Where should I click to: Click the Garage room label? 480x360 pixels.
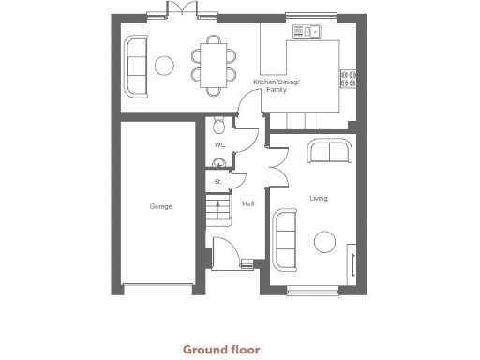(x=160, y=206)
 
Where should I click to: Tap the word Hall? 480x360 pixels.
(x=247, y=203)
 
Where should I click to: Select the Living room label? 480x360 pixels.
(x=319, y=198)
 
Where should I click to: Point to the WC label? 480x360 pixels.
(x=219, y=145)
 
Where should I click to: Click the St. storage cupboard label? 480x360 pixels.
(x=217, y=181)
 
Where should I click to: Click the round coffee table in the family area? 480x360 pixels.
(x=164, y=65)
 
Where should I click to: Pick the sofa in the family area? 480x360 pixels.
(x=137, y=66)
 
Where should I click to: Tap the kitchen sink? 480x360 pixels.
(x=307, y=32)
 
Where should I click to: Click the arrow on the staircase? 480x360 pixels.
(x=222, y=207)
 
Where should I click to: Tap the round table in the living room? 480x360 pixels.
(x=325, y=243)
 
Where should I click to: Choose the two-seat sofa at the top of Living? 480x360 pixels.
(x=329, y=150)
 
